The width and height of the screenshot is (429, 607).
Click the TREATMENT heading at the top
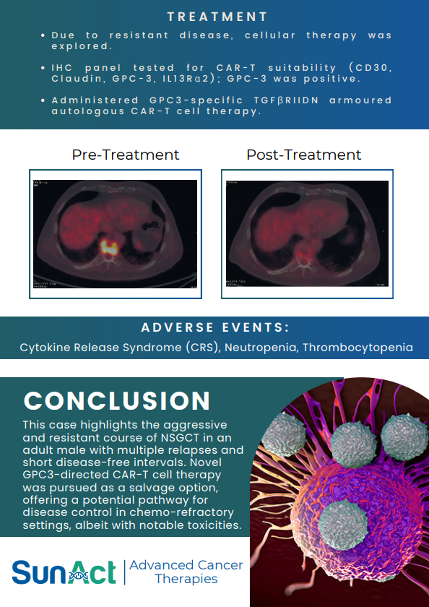tap(217, 16)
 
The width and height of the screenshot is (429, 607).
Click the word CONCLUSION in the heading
tap(117, 401)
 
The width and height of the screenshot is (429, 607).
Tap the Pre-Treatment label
tap(126, 155)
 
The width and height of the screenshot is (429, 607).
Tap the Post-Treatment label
tap(304, 155)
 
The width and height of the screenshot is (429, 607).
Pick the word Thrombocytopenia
tap(357, 348)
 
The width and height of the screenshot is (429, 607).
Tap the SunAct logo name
tap(64, 572)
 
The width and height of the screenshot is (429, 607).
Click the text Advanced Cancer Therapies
tap(186, 572)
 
